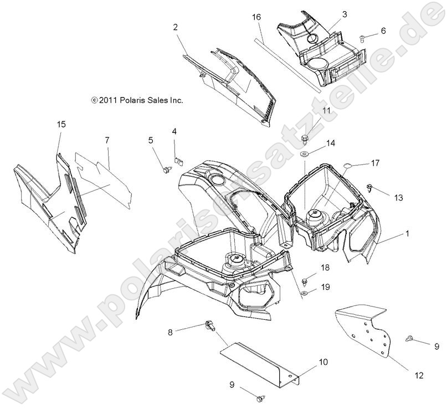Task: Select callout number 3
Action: click(x=345, y=14)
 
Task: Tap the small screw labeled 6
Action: click(x=362, y=38)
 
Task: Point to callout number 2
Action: click(x=176, y=27)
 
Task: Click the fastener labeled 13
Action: click(x=369, y=188)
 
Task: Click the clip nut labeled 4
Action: click(x=178, y=160)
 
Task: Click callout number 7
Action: click(x=107, y=140)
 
